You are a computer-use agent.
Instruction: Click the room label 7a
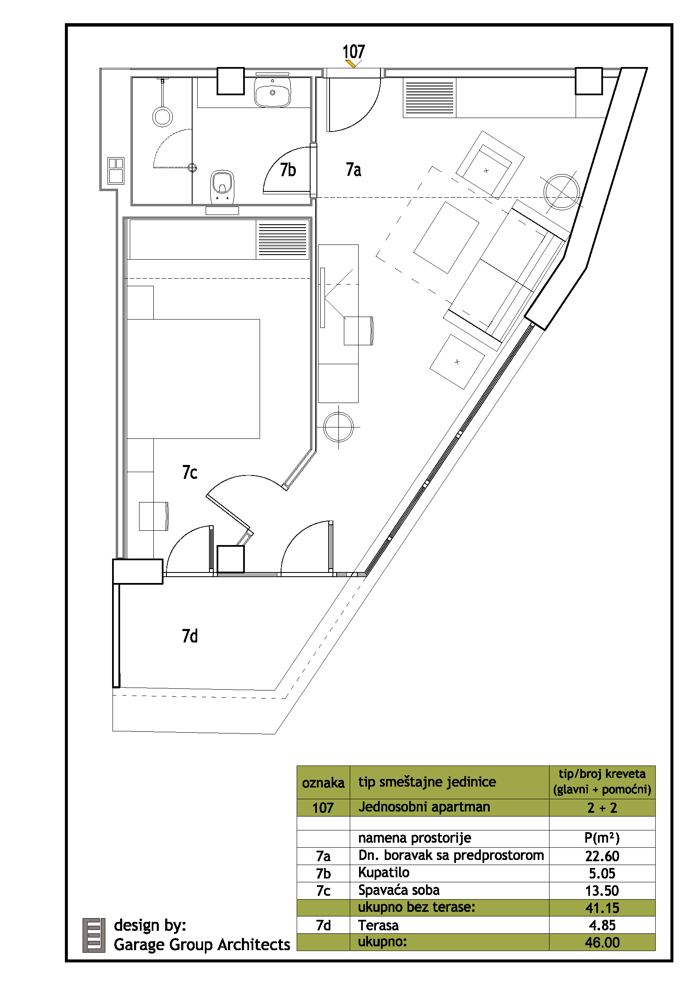(353, 169)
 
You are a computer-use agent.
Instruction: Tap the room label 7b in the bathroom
(288, 170)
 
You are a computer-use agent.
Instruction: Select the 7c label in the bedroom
(190, 473)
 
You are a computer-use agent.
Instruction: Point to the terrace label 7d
(190, 636)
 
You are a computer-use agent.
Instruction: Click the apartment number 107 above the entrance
(354, 51)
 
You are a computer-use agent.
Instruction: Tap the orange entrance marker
(351, 64)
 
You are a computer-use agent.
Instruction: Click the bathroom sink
(273, 91)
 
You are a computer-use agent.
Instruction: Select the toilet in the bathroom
(223, 187)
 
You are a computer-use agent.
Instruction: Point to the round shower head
(163, 116)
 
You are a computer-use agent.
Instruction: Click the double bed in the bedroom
(193, 379)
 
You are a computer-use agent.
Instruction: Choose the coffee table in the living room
(446, 237)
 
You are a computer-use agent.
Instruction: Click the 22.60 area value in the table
(602, 856)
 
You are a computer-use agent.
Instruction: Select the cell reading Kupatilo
(384, 872)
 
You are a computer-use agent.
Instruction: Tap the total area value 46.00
(602, 943)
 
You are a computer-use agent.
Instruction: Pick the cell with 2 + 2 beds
(602, 808)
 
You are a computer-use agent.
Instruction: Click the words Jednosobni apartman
(424, 807)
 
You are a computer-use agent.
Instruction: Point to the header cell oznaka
(323, 783)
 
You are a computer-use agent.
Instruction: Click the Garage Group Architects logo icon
(94, 935)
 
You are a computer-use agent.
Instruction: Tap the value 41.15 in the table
(602, 908)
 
